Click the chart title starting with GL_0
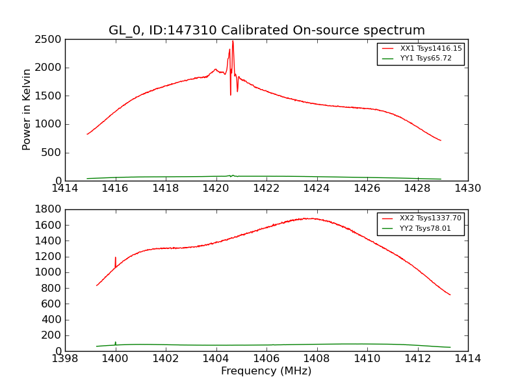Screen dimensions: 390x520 pyautogui.click(x=266, y=31)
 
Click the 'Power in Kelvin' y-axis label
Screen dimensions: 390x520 pyautogui.click(x=27, y=109)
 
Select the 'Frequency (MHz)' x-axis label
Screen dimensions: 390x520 pyautogui.click(x=266, y=371)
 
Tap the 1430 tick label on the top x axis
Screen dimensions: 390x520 pyautogui.click(x=467, y=188)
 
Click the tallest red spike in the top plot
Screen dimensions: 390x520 pyautogui.click(x=233, y=42)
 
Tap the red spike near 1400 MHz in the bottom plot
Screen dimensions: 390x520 pyautogui.click(x=116, y=258)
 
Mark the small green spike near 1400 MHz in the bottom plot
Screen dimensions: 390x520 pyautogui.click(x=116, y=342)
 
